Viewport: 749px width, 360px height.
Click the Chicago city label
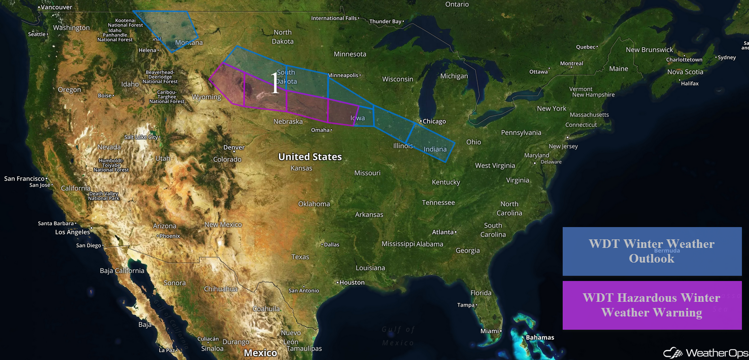coord(434,122)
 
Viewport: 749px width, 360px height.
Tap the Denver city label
coord(234,148)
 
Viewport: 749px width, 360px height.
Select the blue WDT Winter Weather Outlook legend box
coord(652,251)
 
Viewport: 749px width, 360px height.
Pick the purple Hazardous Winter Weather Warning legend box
coord(652,305)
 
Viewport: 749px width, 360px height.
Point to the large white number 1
coord(275,83)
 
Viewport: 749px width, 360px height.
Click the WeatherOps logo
coord(705,353)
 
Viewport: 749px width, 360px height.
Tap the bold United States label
coord(310,157)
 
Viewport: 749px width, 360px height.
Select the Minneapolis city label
coord(344,75)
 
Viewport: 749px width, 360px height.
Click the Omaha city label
coord(321,130)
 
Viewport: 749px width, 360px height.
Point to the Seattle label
coord(37,34)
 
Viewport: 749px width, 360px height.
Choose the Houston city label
coord(352,282)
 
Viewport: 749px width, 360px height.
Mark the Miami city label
coord(489,331)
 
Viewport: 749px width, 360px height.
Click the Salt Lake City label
coord(141,137)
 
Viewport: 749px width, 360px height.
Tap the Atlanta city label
coord(443,232)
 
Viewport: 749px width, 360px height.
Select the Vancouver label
coord(56,8)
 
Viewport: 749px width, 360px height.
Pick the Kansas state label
coord(301,168)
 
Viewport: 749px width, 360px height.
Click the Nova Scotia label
coord(685,72)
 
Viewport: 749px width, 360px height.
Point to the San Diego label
coord(88,246)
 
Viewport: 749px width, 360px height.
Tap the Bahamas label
coord(540,338)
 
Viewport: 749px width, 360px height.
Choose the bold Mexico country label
coord(260,353)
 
